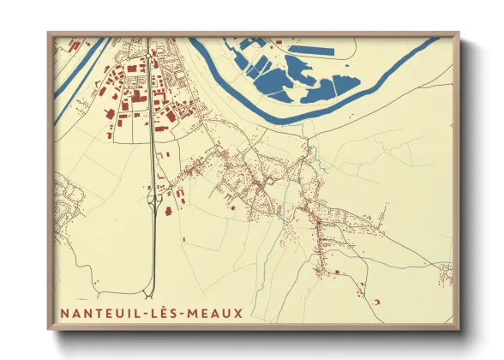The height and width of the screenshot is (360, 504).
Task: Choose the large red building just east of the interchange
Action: click(168, 209)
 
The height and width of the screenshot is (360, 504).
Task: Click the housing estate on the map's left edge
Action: click(69, 197)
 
